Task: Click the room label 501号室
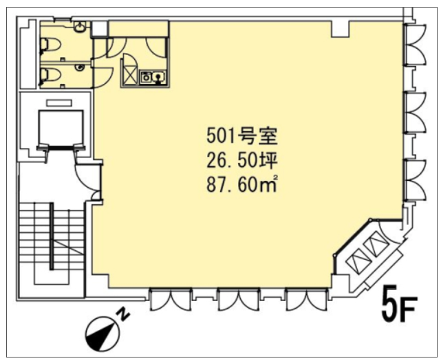pyautogui.click(x=242, y=136)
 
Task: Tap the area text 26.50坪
pyautogui.click(x=242, y=161)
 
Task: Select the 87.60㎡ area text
pyautogui.click(x=242, y=184)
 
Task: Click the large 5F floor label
pyautogui.click(x=398, y=304)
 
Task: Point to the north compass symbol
pyautogui.click(x=102, y=333)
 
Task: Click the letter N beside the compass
pyautogui.click(x=123, y=315)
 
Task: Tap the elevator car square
pyautogui.click(x=61, y=128)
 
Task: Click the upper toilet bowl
pyautogui.click(x=51, y=45)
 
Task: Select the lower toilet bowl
pyautogui.click(x=51, y=76)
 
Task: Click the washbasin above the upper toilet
pyautogui.click(x=80, y=27)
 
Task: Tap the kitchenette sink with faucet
pyautogui.click(x=159, y=77)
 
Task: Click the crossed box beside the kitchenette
pyautogui.click(x=130, y=75)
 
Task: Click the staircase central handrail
pyautogui.click(x=52, y=236)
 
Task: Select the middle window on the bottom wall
pyautogui.click(x=239, y=300)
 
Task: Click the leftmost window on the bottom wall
pyautogui.click(x=171, y=300)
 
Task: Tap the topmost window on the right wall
pyautogui.click(x=415, y=45)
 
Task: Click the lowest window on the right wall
pyautogui.click(x=415, y=180)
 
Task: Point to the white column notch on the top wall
pyautogui.click(x=341, y=29)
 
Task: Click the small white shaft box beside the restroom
pyautogui.click(x=99, y=29)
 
